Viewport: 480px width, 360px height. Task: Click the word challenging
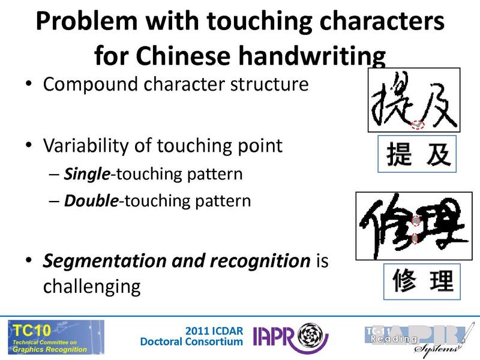[91, 286]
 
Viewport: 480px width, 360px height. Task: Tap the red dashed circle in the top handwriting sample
[418, 124]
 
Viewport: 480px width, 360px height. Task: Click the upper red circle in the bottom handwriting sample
[415, 221]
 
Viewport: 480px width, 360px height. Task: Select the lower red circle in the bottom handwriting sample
[415, 239]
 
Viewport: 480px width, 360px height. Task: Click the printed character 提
[399, 154]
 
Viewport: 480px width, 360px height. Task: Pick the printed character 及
[436, 154]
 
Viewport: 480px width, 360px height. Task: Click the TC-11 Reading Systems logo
[415, 337]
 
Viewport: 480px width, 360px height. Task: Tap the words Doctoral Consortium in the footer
[191, 342]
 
